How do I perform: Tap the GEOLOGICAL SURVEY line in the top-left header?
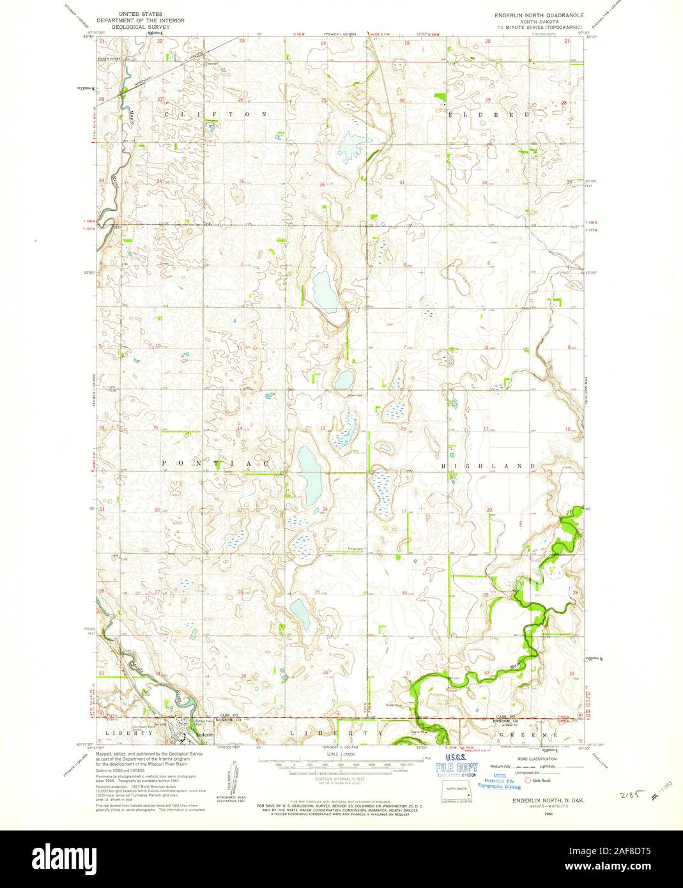pos(140,28)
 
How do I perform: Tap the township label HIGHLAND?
pos(489,467)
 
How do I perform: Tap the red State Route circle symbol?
pos(528,780)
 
